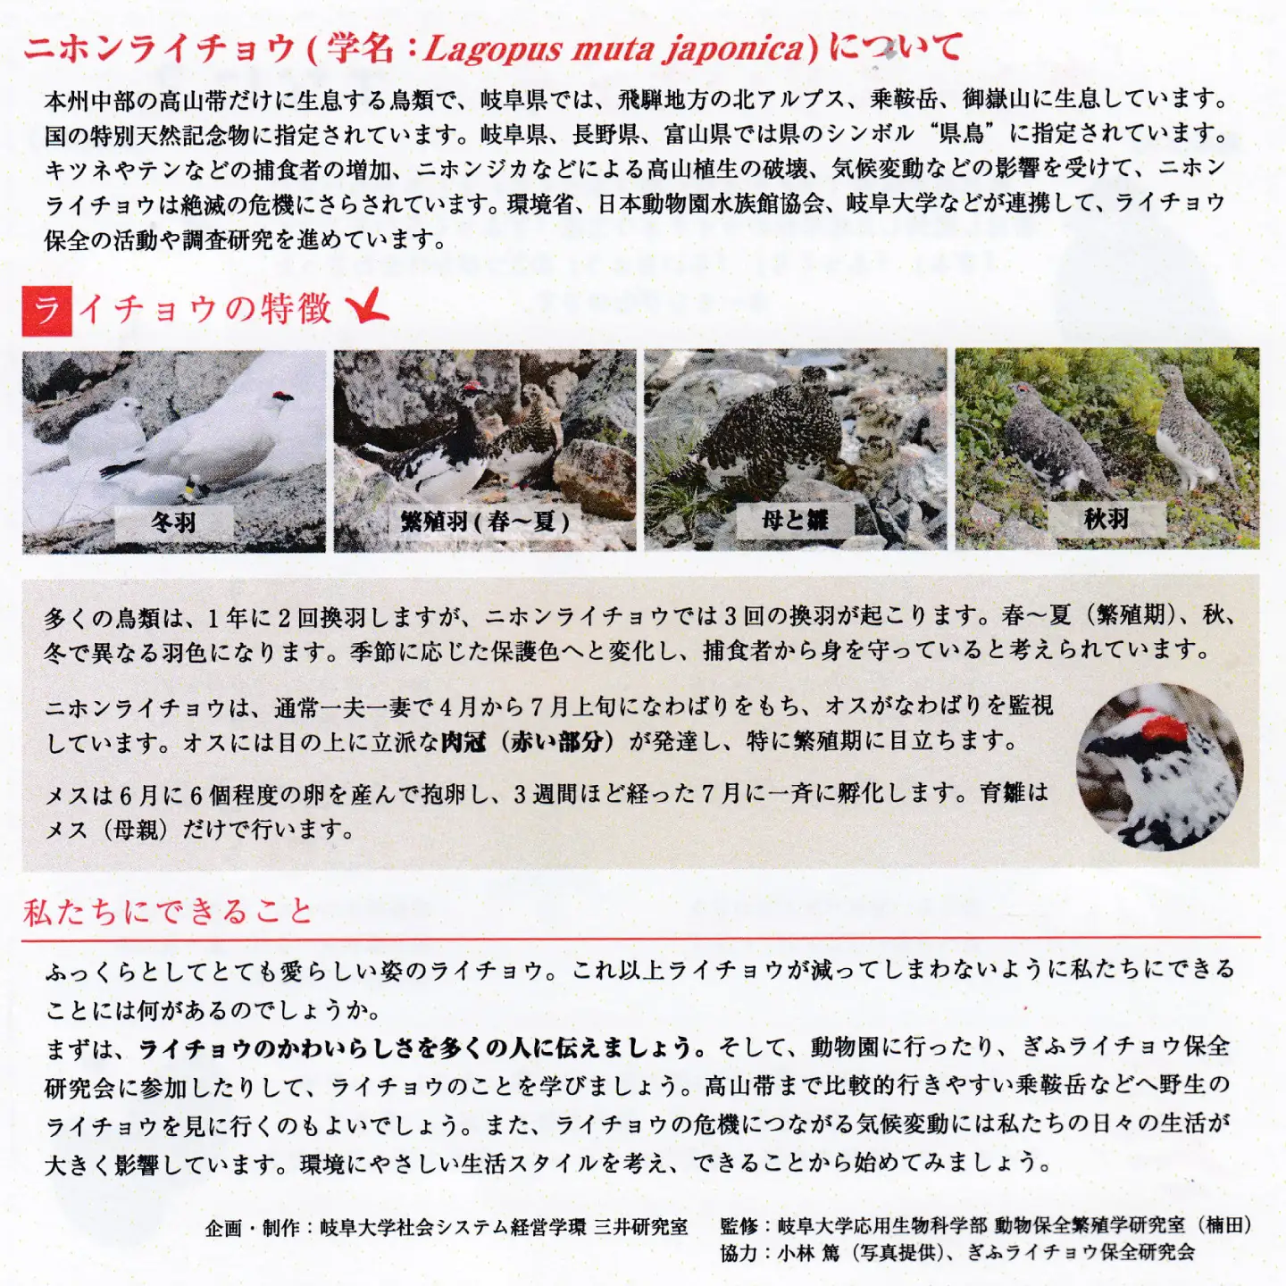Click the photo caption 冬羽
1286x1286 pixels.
point(173,522)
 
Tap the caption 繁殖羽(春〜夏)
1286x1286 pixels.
point(485,522)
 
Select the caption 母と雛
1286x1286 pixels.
point(795,520)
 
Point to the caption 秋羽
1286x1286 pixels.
point(1106,519)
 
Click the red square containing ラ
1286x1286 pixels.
point(46,311)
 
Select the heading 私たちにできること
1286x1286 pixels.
point(168,912)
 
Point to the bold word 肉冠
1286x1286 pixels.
point(463,740)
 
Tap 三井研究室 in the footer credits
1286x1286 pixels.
point(640,1226)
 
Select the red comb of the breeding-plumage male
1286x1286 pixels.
point(473,387)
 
